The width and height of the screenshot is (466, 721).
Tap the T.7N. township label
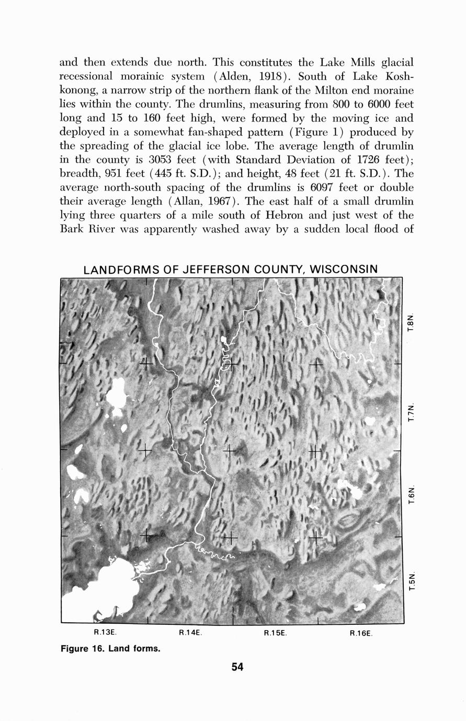(411, 413)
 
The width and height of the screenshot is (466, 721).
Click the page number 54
(237, 667)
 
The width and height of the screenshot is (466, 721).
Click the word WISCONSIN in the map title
(343, 270)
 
